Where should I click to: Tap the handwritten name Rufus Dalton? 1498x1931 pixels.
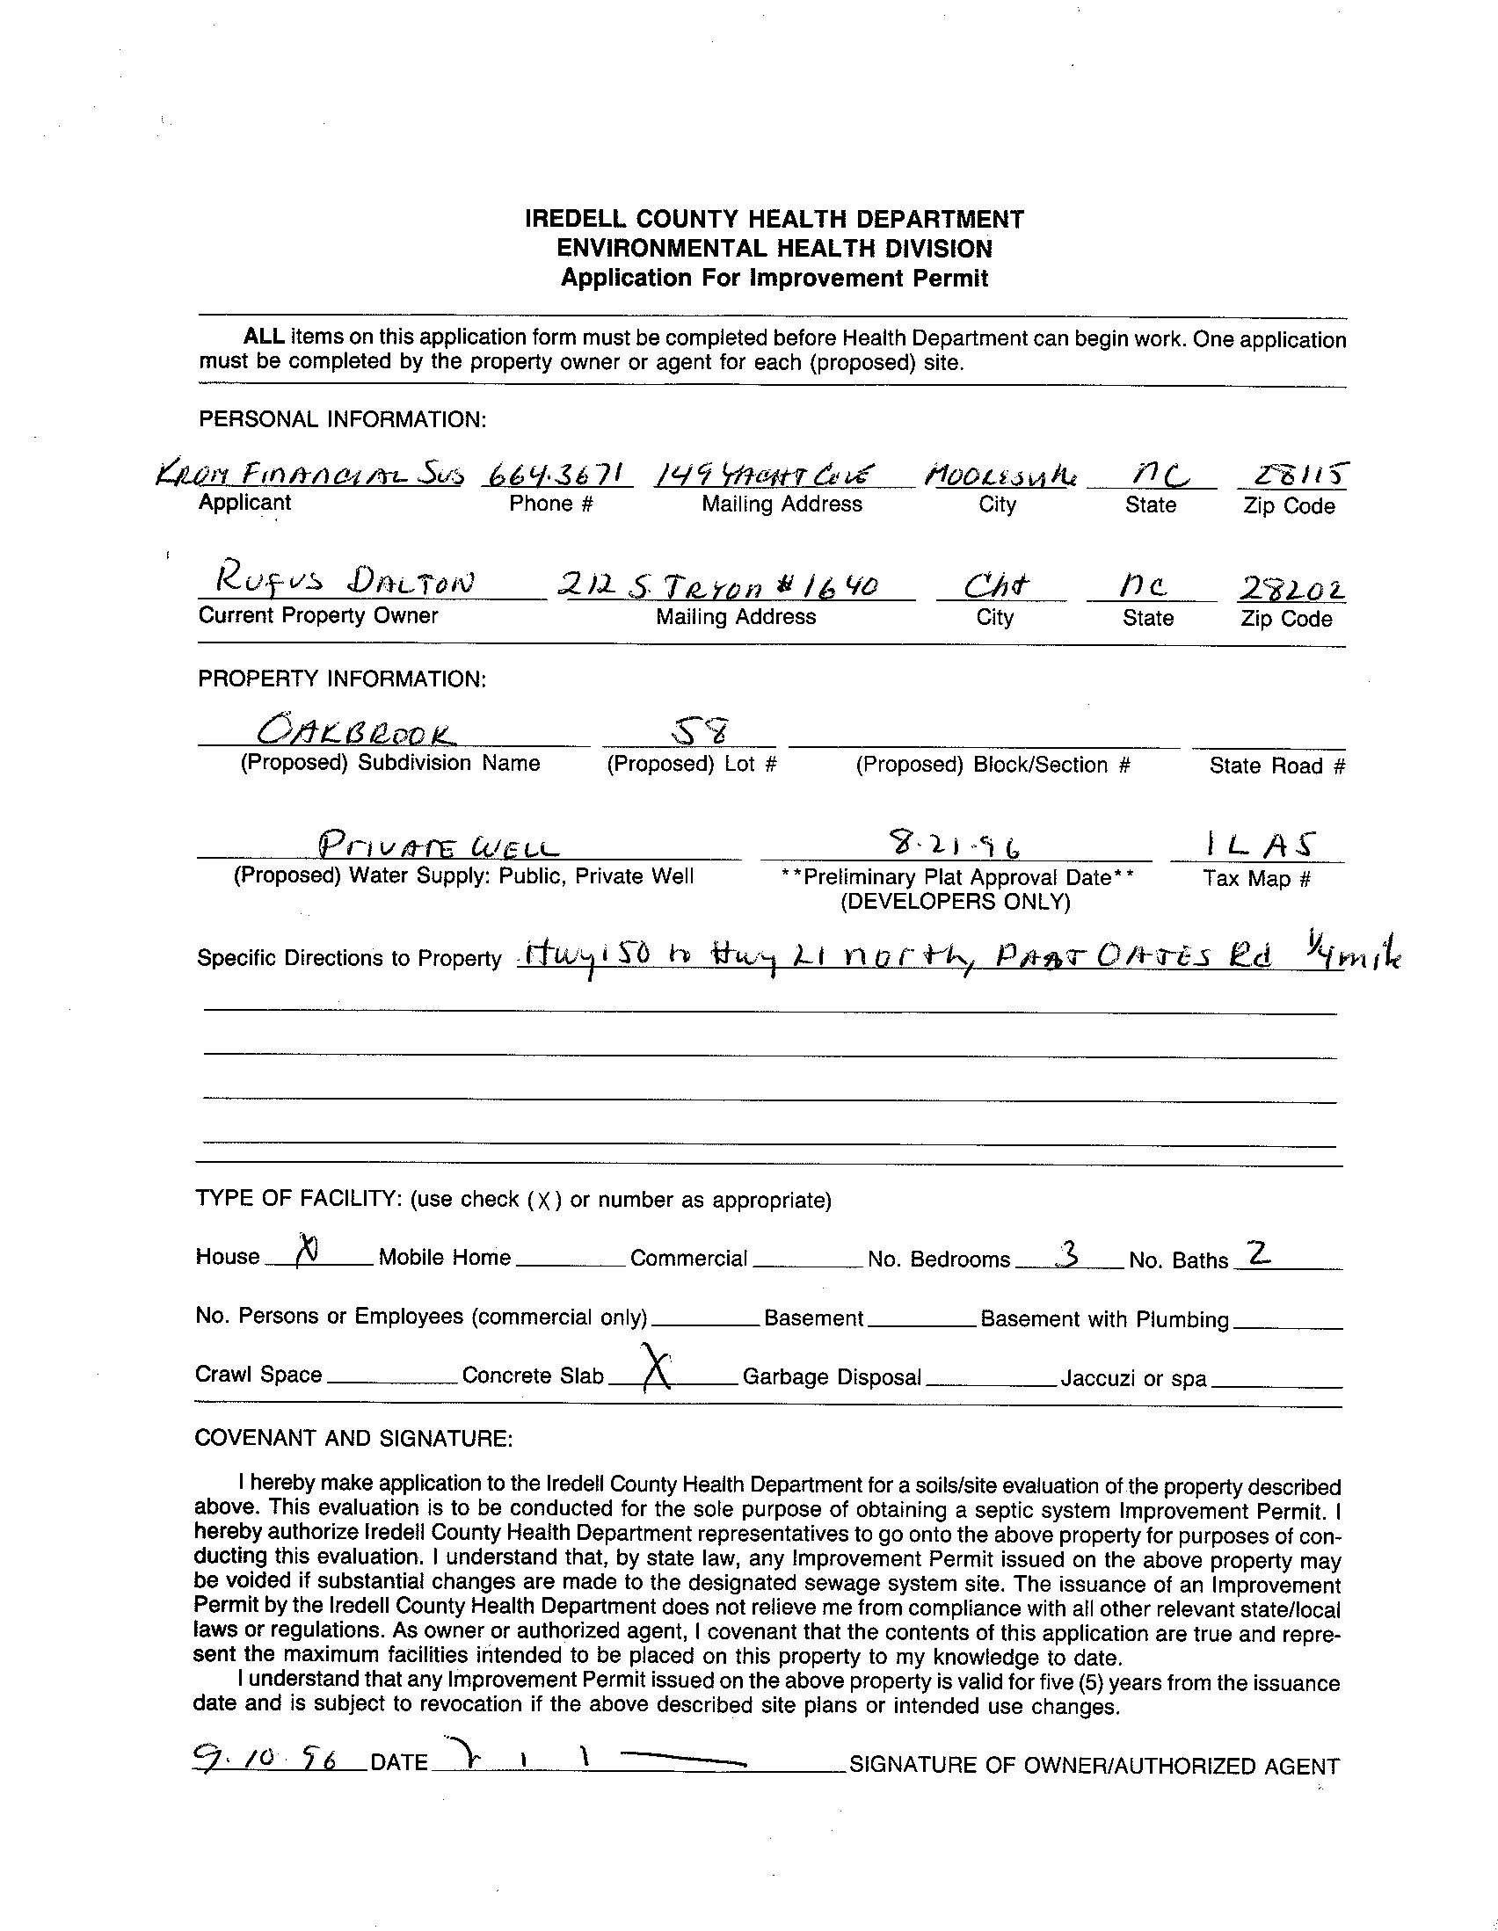point(336,583)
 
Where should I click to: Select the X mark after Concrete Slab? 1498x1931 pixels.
point(652,1368)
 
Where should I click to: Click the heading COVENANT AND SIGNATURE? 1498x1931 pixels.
point(353,1439)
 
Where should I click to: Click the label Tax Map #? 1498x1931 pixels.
point(1255,879)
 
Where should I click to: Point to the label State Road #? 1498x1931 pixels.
point(1277,766)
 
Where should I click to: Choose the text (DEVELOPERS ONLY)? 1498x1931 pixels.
point(955,902)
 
